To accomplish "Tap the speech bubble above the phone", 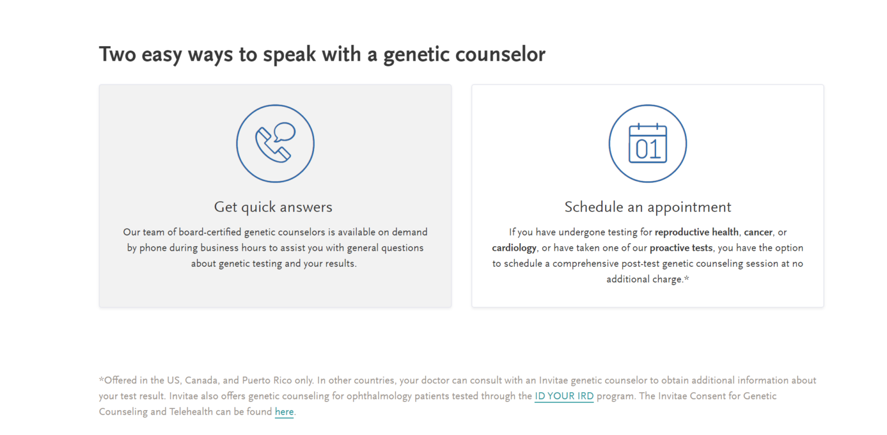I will (284, 132).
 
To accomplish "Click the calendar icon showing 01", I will (647, 143).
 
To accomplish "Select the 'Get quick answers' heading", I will (273, 207).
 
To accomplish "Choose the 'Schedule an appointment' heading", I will (647, 207).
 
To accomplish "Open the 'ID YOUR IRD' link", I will (564, 396).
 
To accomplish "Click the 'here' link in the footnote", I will (284, 412).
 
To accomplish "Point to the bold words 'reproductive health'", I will (696, 232).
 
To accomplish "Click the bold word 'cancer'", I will (758, 232).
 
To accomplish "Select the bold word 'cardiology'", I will (514, 248).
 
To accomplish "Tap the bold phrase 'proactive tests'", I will (681, 248).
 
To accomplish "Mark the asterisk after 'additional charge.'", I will (687, 278).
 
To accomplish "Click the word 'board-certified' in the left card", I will (210, 232).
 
